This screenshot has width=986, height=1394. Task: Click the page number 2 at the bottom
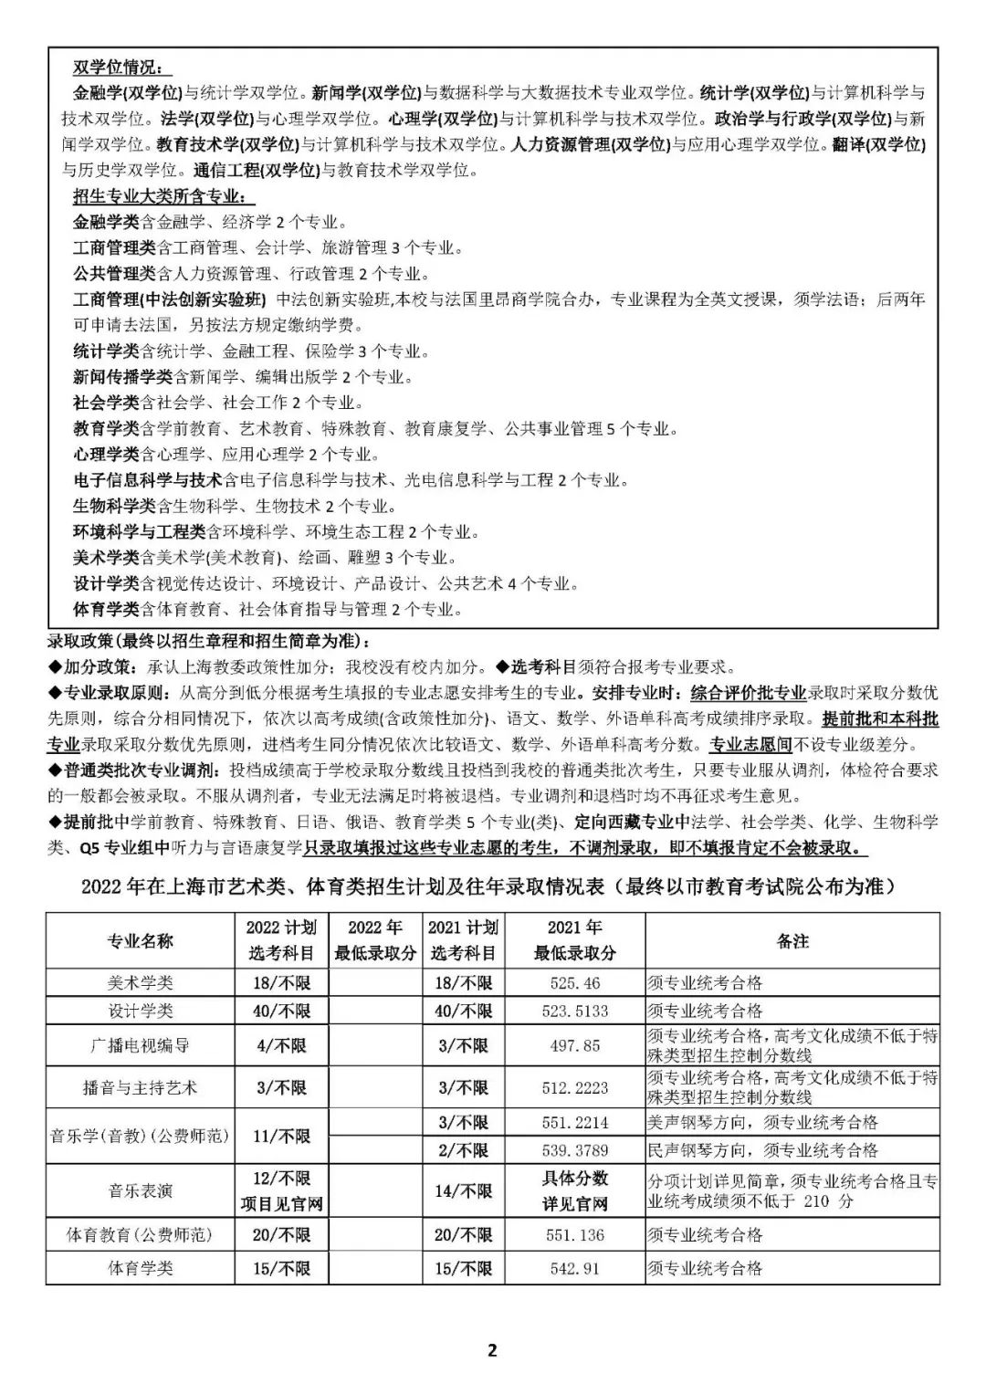pos(493,1350)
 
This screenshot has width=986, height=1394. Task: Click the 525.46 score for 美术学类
pos(575,983)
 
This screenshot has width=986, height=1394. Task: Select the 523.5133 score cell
pos(575,1011)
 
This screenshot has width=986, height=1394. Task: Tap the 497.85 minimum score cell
pos(575,1045)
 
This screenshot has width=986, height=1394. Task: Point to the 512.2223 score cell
pos(575,1088)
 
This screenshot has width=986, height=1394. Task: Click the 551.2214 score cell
pos(575,1123)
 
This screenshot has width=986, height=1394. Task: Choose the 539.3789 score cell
pos(575,1150)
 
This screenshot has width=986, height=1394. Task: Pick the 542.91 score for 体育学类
pos(575,1268)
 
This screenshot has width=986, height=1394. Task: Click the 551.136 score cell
pos(575,1235)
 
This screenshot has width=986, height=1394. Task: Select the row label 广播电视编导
pos(140,1045)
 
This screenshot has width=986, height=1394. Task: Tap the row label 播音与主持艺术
pos(140,1088)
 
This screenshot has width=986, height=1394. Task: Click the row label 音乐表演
pos(140,1191)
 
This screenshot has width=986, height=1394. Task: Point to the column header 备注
pos(792,940)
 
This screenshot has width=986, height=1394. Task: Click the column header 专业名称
pos(140,940)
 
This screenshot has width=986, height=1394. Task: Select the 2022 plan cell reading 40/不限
pos(281,1011)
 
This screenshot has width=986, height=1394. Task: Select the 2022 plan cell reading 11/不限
pos(281,1137)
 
